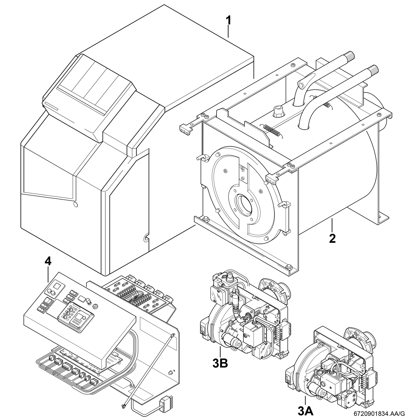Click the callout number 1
(228, 21)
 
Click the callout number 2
(332, 238)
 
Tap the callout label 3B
(220, 363)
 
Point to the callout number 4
(48, 262)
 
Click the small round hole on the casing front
(75, 204)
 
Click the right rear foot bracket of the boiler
(383, 215)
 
